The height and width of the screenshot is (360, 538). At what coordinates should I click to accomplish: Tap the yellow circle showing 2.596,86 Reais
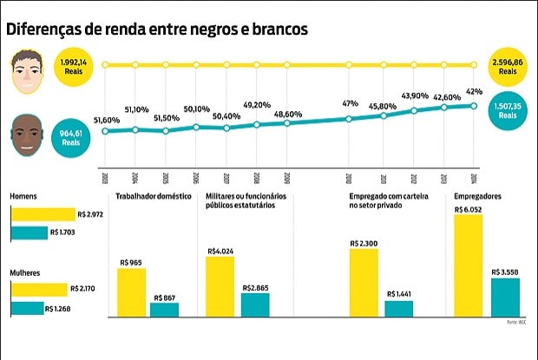tap(509, 64)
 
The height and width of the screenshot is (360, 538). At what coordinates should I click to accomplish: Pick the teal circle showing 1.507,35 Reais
tap(509, 108)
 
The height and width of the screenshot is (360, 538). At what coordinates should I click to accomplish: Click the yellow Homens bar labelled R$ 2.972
tap(43, 214)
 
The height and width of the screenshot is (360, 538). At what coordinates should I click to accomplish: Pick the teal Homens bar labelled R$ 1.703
tap(30, 232)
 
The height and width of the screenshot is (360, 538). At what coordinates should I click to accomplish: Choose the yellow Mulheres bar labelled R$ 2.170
tap(38, 290)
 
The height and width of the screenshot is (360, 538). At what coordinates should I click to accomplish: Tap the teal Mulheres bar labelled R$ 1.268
tap(27, 307)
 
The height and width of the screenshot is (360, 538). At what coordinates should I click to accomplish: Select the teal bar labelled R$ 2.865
tap(255, 304)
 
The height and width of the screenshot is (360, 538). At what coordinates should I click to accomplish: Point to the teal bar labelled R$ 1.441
tap(399, 308)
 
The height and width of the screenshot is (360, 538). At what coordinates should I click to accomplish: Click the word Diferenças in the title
tap(47, 29)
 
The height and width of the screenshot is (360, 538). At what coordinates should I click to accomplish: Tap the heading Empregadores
tap(476, 197)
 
